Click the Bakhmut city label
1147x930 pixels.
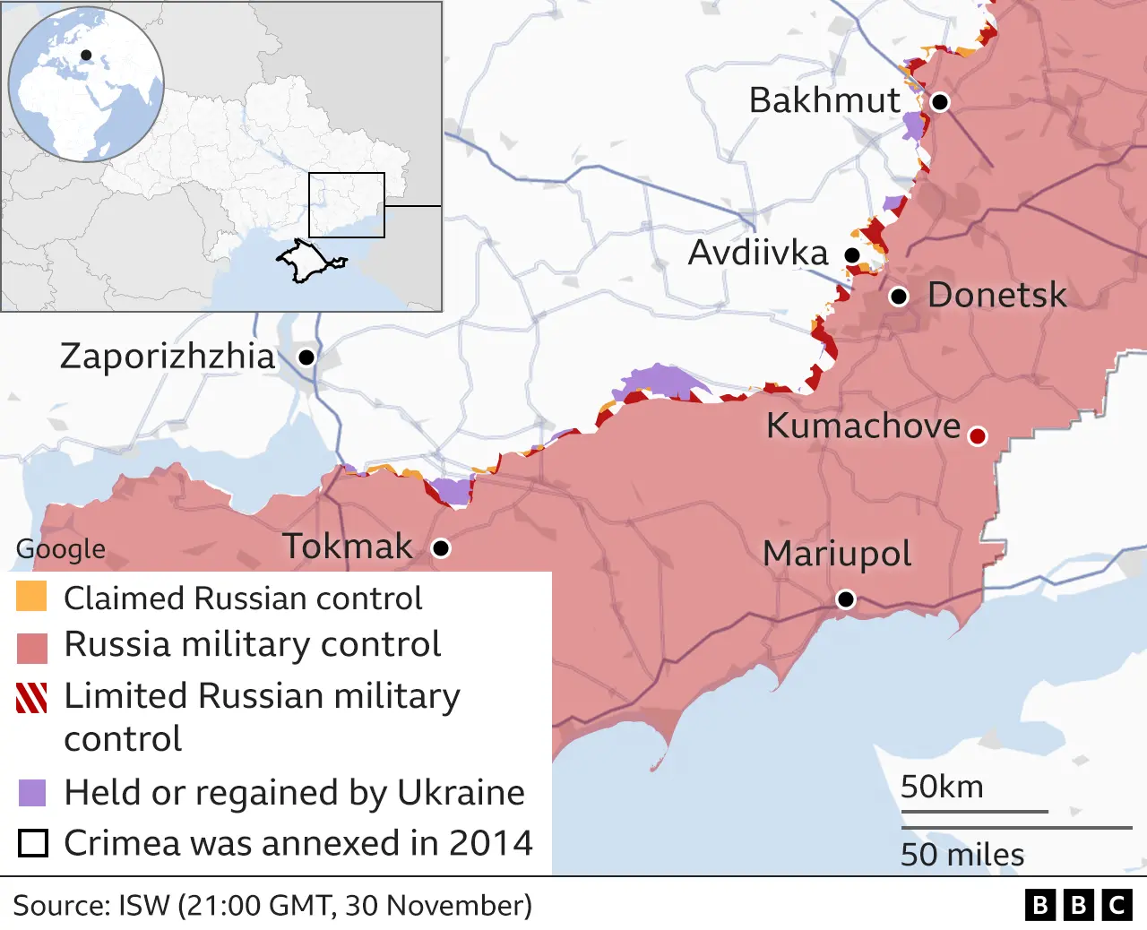click(x=824, y=100)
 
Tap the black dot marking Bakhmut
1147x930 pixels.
click(x=939, y=102)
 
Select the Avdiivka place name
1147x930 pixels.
click(x=757, y=254)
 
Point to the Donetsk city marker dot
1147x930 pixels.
click(x=899, y=297)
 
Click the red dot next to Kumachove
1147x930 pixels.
click(x=978, y=436)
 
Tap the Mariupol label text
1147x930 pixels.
click(x=836, y=554)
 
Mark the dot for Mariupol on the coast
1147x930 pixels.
click(x=845, y=599)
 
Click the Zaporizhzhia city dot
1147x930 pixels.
click(x=306, y=357)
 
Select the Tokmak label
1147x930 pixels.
click(x=348, y=547)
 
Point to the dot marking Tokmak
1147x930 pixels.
click(x=441, y=548)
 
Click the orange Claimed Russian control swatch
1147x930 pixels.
click(x=31, y=597)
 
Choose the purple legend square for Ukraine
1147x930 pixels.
click(x=31, y=793)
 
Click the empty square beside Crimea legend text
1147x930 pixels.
click(x=33, y=843)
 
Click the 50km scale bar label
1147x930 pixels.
click(x=941, y=788)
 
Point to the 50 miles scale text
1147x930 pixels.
click(x=962, y=855)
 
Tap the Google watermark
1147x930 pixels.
click(x=61, y=548)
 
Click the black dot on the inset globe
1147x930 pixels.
click(x=86, y=56)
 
